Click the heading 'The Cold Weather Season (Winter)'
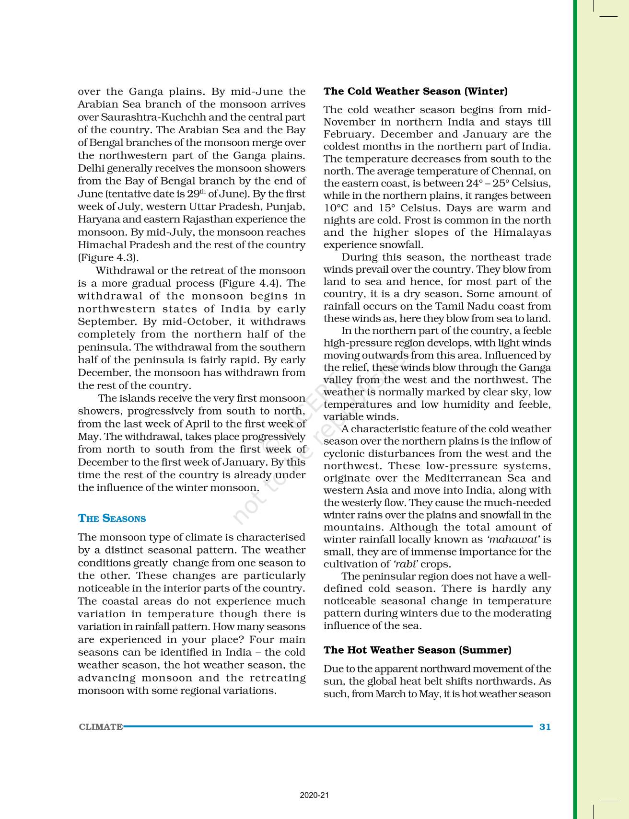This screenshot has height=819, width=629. click(x=415, y=91)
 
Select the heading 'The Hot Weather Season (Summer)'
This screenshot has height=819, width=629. click(x=417, y=650)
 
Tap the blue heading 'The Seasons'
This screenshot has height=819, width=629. click(x=112, y=519)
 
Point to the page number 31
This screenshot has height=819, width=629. click(x=545, y=727)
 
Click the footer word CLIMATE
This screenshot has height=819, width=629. click(x=101, y=727)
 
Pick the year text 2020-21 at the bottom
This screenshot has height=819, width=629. click(x=314, y=796)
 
